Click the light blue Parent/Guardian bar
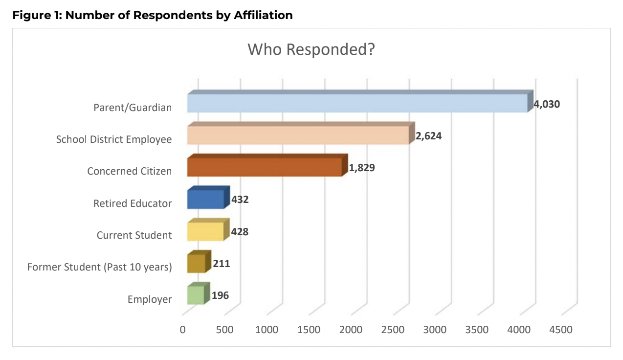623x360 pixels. click(357, 103)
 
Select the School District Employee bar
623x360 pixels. click(297, 135)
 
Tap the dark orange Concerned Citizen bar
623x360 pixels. click(264, 167)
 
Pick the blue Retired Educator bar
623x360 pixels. click(205, 199)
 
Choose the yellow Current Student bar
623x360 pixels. click(205, 231)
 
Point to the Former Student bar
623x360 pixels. click(196, 263)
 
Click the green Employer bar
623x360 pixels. click(195, 295)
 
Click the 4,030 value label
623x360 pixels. click(547, 104)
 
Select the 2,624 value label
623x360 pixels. click(429, 136)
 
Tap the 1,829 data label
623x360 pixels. click(362, 168)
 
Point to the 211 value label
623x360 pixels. click(221, 264)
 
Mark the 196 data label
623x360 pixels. click(220, 295)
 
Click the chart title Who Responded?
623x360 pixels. click(311, 49)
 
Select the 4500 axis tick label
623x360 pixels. click(561, 330)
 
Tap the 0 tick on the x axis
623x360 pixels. click(183, 330)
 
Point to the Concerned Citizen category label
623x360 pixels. click(130, 171)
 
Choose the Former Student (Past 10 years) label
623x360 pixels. click(100, 267)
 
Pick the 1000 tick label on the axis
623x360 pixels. click(267, 330)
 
